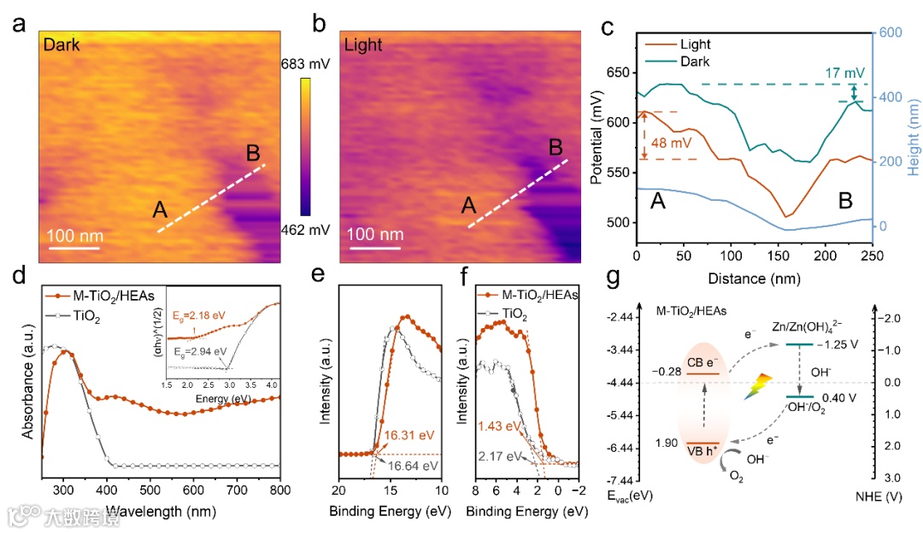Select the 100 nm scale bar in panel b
(371, 248)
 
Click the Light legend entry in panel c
(695, 44)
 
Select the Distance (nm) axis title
(755, 279)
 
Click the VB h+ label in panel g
(708, 449)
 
